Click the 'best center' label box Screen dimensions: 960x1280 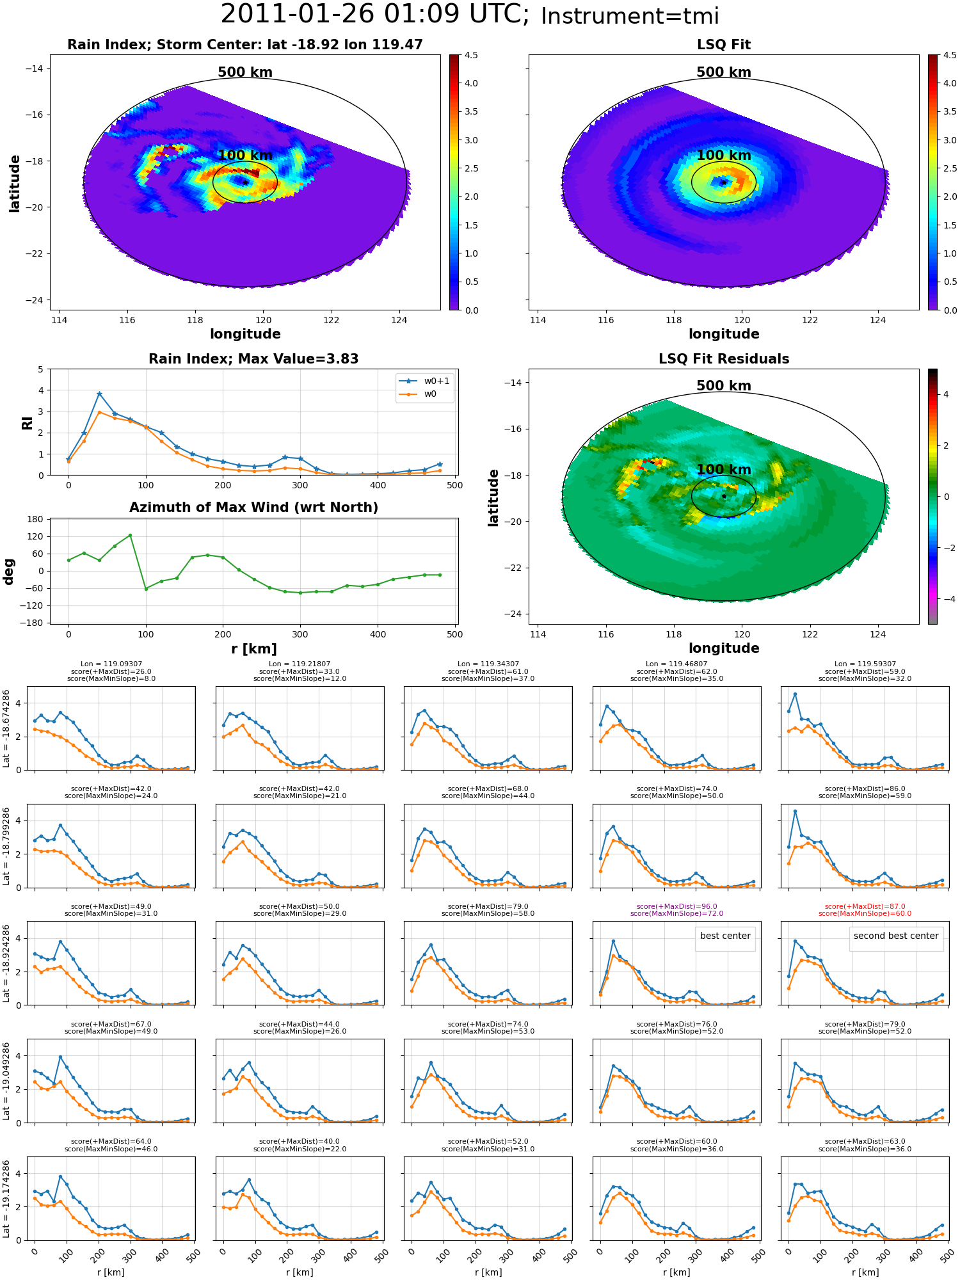pyautogui.click(x=725, y=936)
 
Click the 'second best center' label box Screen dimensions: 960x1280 pyautogui.click(x=896, y=936)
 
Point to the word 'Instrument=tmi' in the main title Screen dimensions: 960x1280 pyautogui.click(x=630, y=16)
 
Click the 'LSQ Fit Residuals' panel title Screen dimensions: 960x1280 pyautogui.click(x=724, y=359)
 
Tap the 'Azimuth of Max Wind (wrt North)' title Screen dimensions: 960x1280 pyautogui.click(x=254, y=508)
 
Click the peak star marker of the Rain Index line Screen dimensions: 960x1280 pyautogui.click(x=99, y=394)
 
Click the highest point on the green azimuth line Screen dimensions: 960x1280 pyautogui.click(x=130, y=535)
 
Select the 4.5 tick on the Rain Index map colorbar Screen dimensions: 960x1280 pyautogui.click(x=471, y=55)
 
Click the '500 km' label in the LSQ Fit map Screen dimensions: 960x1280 pyautogui.click(x=724, y=72)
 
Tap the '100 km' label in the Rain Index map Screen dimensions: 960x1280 pyautogui.click(x=245, y=156)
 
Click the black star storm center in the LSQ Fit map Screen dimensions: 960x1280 pyautogui.click(x=724, y=182)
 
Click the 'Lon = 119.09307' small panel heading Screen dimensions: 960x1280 pyautogui.click(x=111, y=664)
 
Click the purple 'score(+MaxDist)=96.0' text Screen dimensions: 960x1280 pyautogui.click(x=677, y=906)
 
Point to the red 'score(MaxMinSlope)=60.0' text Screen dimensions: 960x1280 pyautogui.click(x=865, y=914)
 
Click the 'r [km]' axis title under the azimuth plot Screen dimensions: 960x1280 pyautogui.click(x=254, y=649)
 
